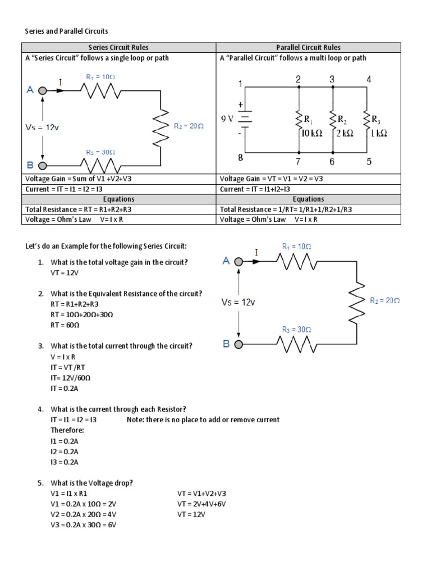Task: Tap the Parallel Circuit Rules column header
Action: [308, 48]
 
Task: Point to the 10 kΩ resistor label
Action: [311, 133]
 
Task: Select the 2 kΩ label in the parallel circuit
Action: [344, 133]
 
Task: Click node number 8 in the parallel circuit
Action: [240, 158]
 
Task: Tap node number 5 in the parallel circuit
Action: [369, 162]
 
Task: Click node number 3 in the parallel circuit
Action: [332, 80]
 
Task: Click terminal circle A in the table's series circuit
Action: [42, 89]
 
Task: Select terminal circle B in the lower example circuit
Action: [239, 344]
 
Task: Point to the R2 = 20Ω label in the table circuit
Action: [188, 126]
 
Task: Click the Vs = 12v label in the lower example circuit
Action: [237, 302]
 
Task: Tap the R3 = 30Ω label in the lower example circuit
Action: [296, 330]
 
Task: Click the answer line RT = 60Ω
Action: [65, 325]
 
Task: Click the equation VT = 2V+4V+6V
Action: [201, 504]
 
